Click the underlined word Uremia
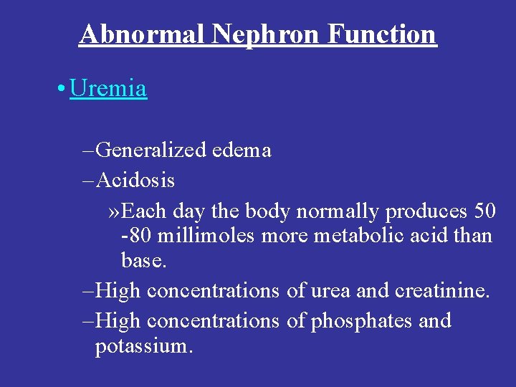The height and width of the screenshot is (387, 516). coord(108,89)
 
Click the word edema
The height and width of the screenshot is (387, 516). coord(242,150)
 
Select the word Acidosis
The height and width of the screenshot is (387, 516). coord(135,180)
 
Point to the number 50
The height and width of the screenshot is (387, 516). coord(484,211)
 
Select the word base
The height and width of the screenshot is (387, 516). coord(143,260)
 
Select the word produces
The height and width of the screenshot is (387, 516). coord(426,211)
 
